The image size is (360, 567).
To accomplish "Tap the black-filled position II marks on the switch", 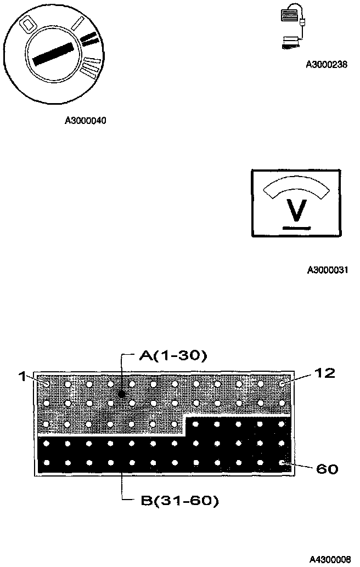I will coord(91,38).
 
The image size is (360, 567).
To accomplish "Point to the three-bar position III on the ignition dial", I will coord(93,67).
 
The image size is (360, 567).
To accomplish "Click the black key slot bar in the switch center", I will coord(54,53).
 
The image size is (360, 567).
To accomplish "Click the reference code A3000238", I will coord(327,64).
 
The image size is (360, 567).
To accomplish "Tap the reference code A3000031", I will coord(328,270).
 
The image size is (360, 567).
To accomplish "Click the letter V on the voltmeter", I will coord(296,209).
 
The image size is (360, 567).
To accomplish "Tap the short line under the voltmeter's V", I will coord(296,225).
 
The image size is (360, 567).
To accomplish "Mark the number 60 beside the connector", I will coord(328,469).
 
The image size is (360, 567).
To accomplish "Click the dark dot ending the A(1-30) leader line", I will coord(121,394).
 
